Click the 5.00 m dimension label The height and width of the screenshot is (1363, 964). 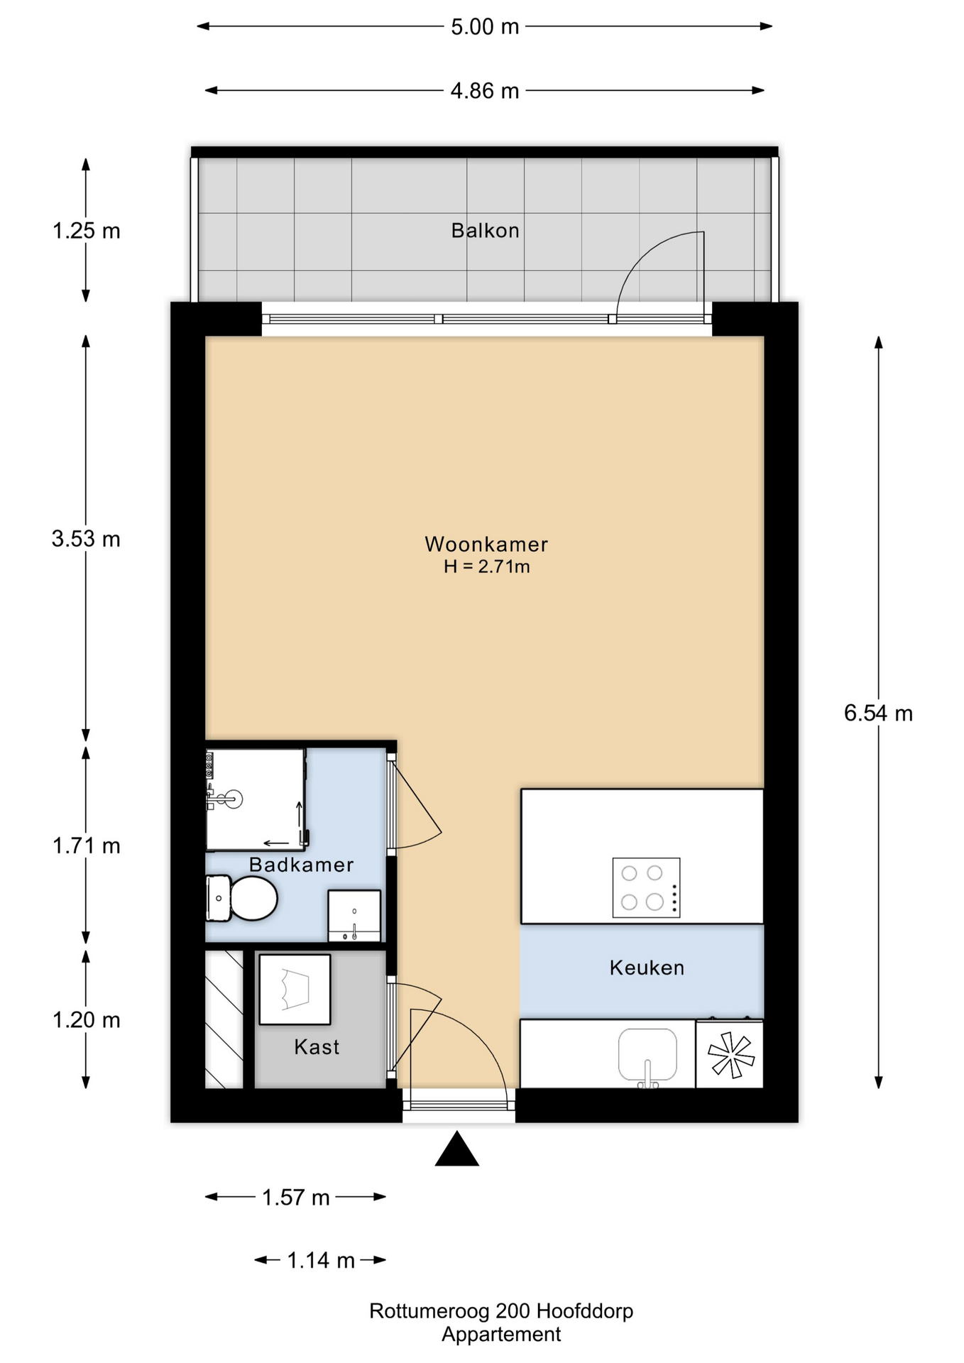click(485, 27)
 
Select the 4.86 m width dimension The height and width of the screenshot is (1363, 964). click(485, 91)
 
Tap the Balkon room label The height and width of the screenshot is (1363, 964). click(485, 231)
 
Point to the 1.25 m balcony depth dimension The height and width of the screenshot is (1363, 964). click(86, 231)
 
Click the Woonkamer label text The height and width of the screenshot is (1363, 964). click(486, 544)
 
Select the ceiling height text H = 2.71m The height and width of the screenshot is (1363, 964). click(486, 566)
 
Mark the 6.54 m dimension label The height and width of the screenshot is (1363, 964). click(878, 713)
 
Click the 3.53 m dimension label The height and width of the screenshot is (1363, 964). click(86, 539)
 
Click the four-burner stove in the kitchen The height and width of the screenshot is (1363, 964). click(646, 887)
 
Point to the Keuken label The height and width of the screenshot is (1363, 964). click(647, 968)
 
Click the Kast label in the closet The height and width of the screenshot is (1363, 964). click(317, 1047)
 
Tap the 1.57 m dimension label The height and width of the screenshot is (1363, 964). click(295, 1198)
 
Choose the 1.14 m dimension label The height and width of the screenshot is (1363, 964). click(320, 1261)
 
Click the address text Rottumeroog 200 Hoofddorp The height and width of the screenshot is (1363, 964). click(500, 1310)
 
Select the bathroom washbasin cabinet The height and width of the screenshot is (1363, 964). click(354, 916)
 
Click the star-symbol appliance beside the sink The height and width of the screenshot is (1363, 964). click(730, 1055)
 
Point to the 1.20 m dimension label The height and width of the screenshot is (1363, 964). click(86, 1020)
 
